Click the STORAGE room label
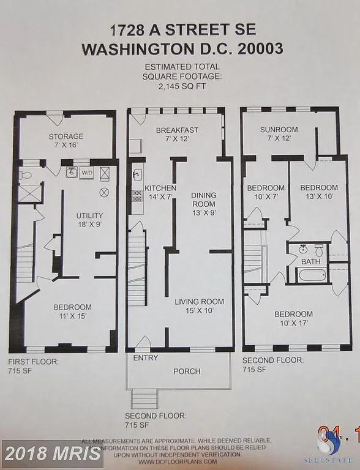click(x=66, y=136)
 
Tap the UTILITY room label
click(x=89, y=215)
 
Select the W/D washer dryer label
click(x=88, y=173)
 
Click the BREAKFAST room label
click(x=177, y=130)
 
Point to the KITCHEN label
click(x=160, y=187)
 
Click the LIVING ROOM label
click(x=199, y=301)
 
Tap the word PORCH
click(x=187, y=371)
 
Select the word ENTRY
click(x=145, y=357)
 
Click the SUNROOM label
click(x=279, y=130)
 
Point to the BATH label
click(x=311, y=261)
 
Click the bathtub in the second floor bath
click(x=312, y=274)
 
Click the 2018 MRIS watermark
click(x=51, y=453)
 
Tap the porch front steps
click(x=144, y=399)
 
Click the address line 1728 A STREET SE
click(x=179, y=29)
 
